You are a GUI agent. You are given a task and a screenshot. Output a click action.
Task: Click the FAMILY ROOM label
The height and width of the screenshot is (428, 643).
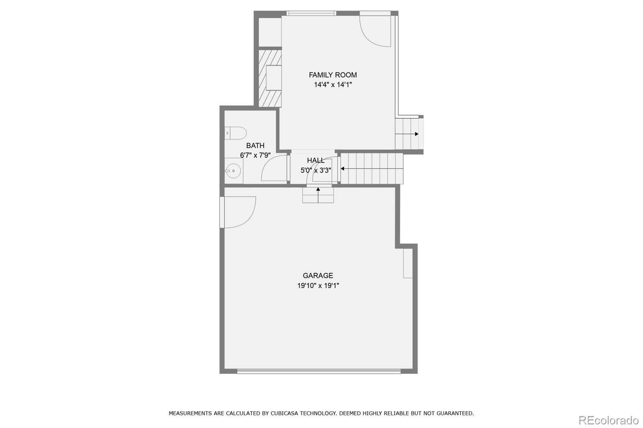(x=333, y=75)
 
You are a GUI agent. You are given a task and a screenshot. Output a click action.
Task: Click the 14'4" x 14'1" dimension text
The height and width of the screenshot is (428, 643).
(x=333, y=85)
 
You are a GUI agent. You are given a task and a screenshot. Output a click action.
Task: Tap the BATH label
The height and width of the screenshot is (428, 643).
(x=255, y=145)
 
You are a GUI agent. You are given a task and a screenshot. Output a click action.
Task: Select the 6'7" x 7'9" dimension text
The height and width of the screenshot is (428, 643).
(x=255, y=155)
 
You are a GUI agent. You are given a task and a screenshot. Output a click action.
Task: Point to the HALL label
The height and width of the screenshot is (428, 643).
(x=316, y=160)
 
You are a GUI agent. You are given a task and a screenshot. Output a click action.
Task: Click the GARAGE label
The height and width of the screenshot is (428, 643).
(x=318, y=275)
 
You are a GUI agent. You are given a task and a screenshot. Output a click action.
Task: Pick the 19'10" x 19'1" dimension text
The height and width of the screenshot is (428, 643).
(x=318, y=285)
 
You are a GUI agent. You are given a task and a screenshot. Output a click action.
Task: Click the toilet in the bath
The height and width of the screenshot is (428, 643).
(x=235, y=132)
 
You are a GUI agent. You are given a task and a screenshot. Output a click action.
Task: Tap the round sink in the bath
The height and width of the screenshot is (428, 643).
(x=233, y=171)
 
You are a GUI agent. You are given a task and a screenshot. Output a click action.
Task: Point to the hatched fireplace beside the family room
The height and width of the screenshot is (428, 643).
(x=270, y=77)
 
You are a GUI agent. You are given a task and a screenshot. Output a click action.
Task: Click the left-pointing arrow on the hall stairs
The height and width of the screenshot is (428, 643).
(x=343, y=169)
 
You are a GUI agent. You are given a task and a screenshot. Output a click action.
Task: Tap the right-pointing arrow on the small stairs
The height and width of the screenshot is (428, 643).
(x=416, y=134)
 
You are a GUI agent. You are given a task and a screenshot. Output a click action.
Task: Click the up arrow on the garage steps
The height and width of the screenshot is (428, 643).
(x=318, y=189)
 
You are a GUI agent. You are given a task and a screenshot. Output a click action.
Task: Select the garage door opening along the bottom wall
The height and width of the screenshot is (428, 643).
(x=319, y=371)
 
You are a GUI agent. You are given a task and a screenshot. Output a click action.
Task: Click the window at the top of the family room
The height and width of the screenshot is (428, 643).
(x=311, y=13)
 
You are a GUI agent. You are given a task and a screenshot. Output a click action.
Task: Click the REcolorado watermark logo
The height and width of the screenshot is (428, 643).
(x=608, y=420)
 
